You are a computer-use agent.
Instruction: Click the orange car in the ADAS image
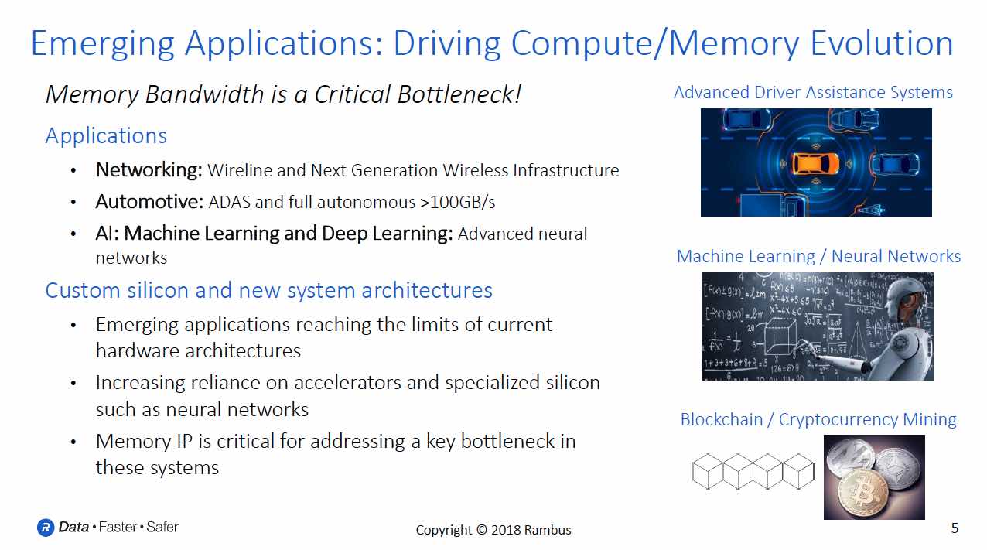click(x=815, y=163)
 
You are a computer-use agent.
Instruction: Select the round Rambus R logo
click(x=46, y=528)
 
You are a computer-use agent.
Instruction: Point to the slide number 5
click(x=955, y=528)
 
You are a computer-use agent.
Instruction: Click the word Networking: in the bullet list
click(x=149, y=170)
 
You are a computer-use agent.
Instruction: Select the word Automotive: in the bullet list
click(x=149, y=202)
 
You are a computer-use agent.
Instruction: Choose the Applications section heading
click(x=106, y=135)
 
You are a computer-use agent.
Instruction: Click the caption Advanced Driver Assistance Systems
click(x=813, y=93)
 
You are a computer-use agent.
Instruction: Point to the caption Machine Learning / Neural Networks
click(x=818, y=256)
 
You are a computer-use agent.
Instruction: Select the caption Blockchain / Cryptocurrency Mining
click(x=818, y=419)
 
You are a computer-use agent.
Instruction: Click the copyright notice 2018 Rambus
click(x=493, y=530)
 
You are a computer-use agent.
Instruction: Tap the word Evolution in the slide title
click(x=882, y=43)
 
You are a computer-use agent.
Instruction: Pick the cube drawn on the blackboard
click(x=779, y=336)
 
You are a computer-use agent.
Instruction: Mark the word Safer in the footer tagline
click(x=162, y=527)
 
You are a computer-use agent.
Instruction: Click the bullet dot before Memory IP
click(x=73, y=442)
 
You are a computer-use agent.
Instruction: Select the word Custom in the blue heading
click(x=83, y=290)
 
